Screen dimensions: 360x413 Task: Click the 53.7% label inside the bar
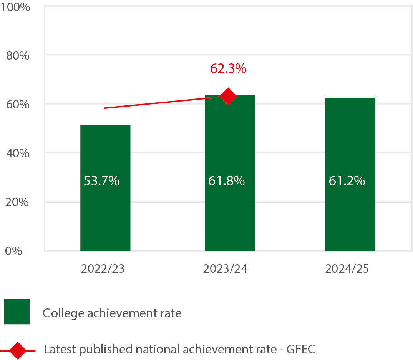pyautogui.click(x=102, y=181)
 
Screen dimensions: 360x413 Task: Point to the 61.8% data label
pyautogui.click(x=227, y=181)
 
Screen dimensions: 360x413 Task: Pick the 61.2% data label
pyautogui.click(x=347, y=181)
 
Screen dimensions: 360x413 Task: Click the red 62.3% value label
pyautogui.click(x=228, y=69)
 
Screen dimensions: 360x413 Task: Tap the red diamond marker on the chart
pyautogui.click(x=228, y=96)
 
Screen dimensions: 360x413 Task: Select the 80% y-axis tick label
pyautogui.click(x=18, y=55)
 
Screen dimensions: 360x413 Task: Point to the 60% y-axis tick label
pyautogui.click(x=18, y=104)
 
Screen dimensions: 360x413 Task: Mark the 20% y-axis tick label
pyautogui.click(x=18, y=202)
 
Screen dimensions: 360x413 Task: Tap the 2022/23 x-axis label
pyautogui.click(x=103, y=268)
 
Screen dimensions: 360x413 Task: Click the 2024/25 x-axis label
pyautogui.click(x=347, y=268)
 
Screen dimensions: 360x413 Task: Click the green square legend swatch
pyautogui.click(x=17, y=312)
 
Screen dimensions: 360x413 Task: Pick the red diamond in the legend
pyautogui.click(x=18, y=350)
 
